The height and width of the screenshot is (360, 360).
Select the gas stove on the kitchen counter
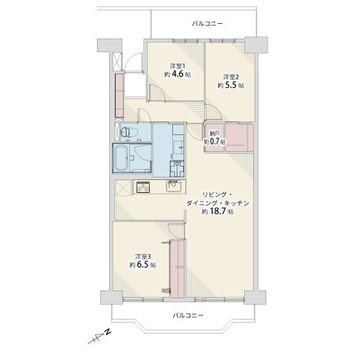pyautogui.click(x=143, y=187)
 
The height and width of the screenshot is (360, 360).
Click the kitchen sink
pyautogui.click(x=174, y=186)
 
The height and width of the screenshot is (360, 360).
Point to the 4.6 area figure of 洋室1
pyautogui.click(x=178, y=74)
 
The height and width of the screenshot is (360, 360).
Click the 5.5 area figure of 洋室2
pyautogui.click(x=231, y=86)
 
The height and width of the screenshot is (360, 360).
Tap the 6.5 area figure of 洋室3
pyautogui.click(x=143, y=265)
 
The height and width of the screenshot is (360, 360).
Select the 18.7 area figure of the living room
pyautogui.click(x=217, y=212)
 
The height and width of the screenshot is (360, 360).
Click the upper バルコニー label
pyautogui.click(x=207, y=24)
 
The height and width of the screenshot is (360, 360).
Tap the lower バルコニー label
pyautogui.click(x=188, y=315)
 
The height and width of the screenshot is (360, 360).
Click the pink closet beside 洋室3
pyautogui.click(x=177, y=269)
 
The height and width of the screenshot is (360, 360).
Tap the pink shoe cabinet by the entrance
pyautogui.click(x=120, y=95)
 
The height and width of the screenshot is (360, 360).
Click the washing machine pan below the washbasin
pyautogui.click(x=177, y=168)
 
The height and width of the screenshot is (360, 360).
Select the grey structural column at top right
pyautogui.click(x=256, y=45)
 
